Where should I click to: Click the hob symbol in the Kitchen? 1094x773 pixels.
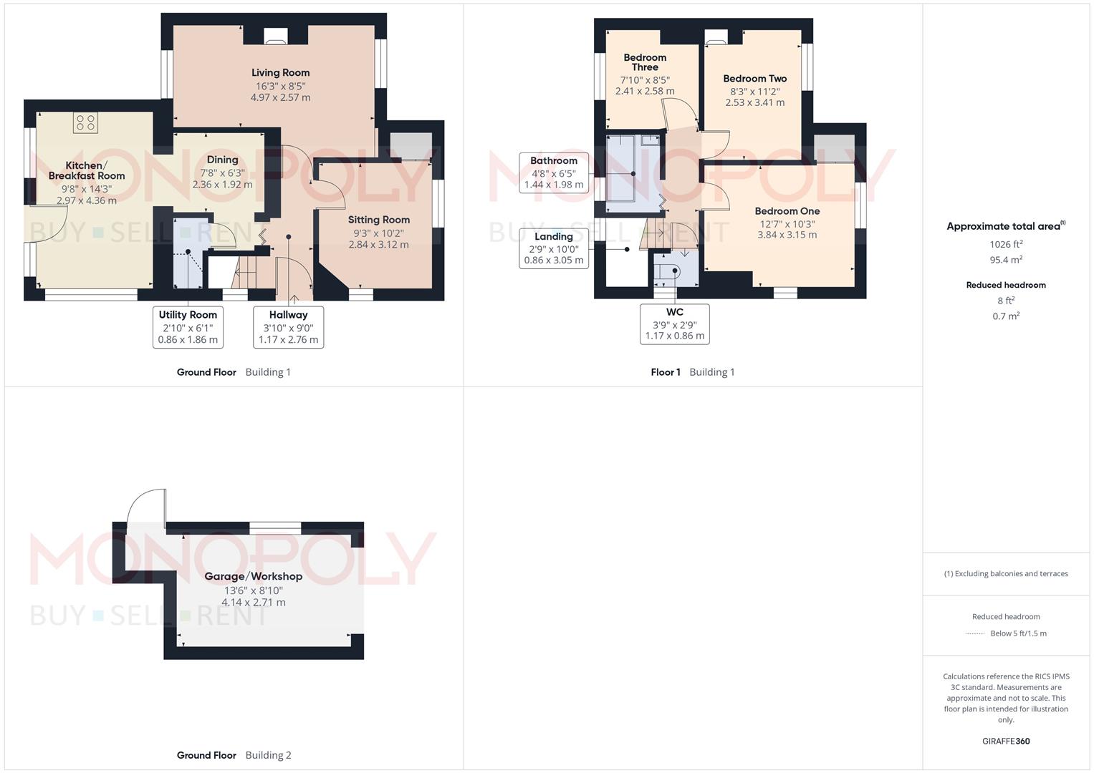click(x=85, y=123)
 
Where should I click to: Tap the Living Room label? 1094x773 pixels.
click(x=280, y=72)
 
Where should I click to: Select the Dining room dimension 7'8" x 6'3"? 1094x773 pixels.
click(x=222, y=172)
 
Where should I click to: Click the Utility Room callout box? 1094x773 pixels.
click(x=188, y=327)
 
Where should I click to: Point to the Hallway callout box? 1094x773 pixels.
click(x=288, y=327)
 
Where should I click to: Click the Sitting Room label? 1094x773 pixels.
click(x=378, y=220)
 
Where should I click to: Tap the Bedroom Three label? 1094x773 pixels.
click(x=645, y=62)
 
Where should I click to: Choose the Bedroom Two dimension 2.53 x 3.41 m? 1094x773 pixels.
click(x=754, y=102)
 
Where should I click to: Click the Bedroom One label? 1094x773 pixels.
click(x=787, y=211)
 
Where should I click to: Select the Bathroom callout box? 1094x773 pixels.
click(x=554, y=172)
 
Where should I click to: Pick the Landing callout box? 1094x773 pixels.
click(x=554, y=248)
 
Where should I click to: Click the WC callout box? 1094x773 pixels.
click(x=674, y=324)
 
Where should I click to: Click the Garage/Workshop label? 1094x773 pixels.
click(x=253, y=576)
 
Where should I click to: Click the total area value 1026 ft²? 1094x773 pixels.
click(x=1006, y=244)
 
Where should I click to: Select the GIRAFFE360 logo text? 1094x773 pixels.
click(x=1006, y=741)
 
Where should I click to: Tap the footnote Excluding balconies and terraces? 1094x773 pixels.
click(x=1006, y=573)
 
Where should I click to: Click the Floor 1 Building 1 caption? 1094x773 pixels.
click(x=692, y=372)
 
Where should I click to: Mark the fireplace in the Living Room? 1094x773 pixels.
click(x=274, y=37)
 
